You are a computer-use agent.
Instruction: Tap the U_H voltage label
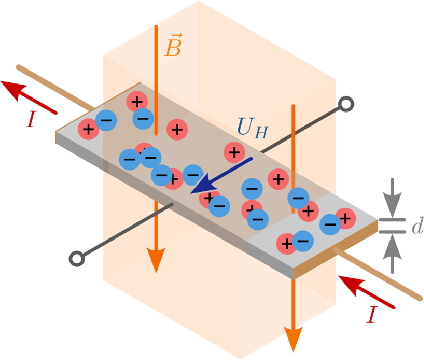(x=253, y=128)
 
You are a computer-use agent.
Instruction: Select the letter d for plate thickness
(x=416, y=227)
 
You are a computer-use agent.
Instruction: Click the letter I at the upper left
(x=31, y=120)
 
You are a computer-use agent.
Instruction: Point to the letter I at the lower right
(x=371, y=315)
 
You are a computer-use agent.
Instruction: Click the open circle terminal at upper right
(x=346, y=105)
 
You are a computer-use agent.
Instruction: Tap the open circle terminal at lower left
(x=76, y=258)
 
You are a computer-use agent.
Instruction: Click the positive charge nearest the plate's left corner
(x=88, y=128)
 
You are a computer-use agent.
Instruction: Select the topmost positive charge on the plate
(x=137, y=102)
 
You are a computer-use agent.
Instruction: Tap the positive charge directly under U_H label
(x=234, y=153)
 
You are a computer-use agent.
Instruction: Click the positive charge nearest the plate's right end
(x=345, y=218)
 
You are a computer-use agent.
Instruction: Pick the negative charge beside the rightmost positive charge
(x=330, y=223)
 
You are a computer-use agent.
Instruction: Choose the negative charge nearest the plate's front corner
(x=303, y=240)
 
